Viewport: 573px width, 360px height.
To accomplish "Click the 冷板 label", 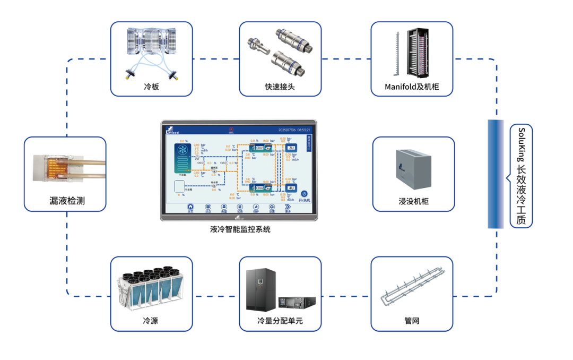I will tap(151, 87).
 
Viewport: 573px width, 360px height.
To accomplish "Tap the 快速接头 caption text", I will tap(280, 87).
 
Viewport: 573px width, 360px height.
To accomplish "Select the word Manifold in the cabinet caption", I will tap(401, 87).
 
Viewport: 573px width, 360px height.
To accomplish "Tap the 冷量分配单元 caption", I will tap(280, 321).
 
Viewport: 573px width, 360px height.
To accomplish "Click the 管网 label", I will tap(412, 321).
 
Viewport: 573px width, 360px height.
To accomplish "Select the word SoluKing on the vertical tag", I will tap(522, 143).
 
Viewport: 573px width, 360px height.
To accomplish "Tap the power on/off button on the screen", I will tap(304, 194).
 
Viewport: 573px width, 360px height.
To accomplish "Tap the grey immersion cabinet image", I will tap(413, 169).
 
